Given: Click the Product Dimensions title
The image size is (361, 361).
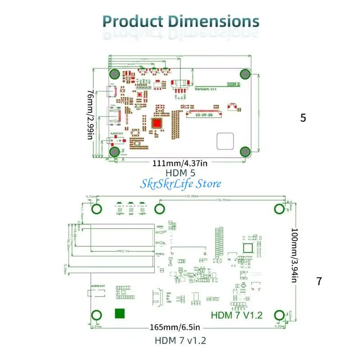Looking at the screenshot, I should click(180, 21).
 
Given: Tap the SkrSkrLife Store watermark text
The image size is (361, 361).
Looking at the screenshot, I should click(180, 183).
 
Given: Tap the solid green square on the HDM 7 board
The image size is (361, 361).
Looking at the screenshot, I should click(120, 314).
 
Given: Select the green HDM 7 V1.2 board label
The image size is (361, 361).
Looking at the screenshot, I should click(236, 315).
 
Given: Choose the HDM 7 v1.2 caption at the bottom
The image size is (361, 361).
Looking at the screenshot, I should click(180, 340).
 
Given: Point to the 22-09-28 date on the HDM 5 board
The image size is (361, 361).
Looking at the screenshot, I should click(204, 114).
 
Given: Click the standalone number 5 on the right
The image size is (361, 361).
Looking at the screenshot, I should click(303, 118).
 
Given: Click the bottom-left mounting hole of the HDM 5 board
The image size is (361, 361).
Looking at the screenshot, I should click(115, 152).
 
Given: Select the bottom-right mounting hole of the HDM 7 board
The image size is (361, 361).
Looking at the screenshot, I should click(279, 315).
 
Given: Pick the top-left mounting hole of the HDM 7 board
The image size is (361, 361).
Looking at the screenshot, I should click(97, 208).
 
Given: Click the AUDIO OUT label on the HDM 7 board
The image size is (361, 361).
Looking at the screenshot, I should click(98, 286).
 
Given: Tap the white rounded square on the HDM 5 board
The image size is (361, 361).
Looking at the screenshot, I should click(225, 141).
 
